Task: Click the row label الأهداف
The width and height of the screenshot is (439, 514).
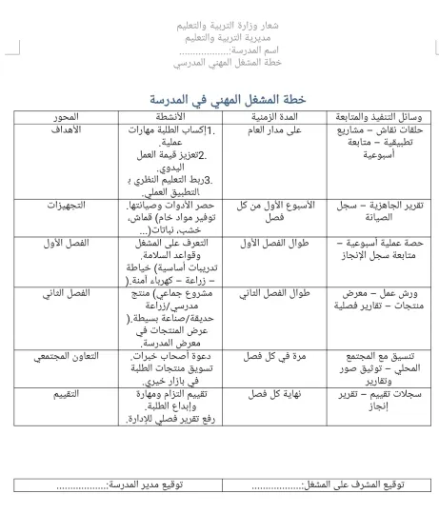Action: (68, 129)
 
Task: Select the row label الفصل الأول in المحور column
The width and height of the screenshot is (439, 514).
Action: (68, 243)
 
